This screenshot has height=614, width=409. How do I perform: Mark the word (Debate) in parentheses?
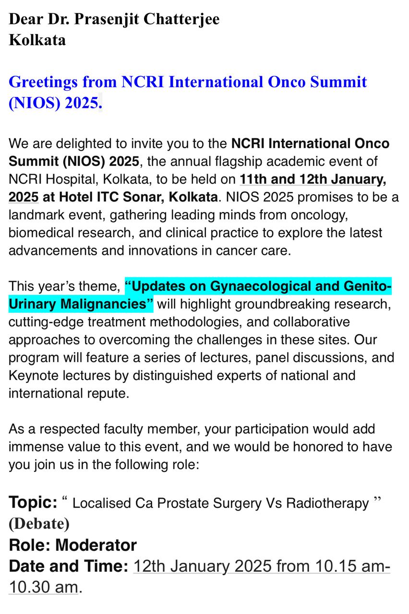coord(39,524)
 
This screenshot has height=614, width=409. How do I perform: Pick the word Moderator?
coord(96,545)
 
